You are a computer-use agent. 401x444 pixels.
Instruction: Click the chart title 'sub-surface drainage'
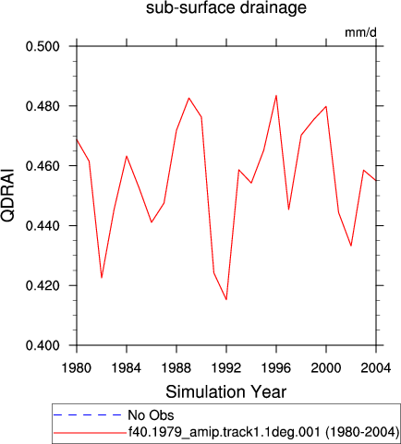226,7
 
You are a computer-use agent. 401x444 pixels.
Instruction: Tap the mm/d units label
360,32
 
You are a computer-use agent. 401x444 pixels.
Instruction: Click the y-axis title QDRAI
7,195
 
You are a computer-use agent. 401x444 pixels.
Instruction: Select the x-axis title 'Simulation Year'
226,392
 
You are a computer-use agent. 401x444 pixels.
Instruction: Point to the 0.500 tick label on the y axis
43,46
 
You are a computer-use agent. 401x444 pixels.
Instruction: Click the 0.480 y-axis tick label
43,106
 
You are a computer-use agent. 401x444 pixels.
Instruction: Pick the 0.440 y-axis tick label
43,226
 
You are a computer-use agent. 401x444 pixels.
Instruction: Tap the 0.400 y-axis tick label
43,345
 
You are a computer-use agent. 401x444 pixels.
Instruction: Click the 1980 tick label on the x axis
77,367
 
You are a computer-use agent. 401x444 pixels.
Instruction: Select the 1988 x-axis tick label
176,367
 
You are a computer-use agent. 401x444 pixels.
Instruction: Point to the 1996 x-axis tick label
276,367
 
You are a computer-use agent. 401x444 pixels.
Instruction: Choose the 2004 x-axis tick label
376,367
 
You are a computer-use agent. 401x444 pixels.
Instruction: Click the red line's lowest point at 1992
226,299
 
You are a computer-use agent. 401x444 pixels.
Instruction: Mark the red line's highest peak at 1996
276,95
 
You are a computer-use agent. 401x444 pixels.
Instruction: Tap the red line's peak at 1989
188,98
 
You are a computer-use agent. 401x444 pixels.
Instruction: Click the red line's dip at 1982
102,278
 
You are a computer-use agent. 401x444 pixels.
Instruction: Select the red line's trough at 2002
351,246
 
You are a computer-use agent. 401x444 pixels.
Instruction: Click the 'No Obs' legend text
151,415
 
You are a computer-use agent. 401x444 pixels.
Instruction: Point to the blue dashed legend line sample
88,415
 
